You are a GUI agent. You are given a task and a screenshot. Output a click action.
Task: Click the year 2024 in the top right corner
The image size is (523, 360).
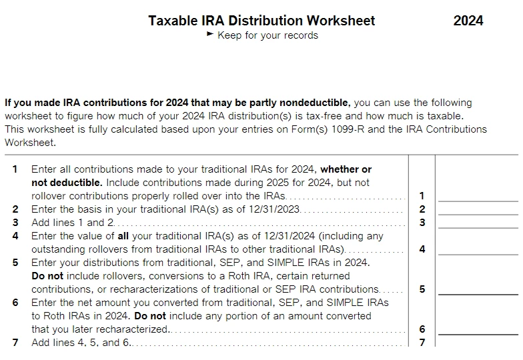[468, 21]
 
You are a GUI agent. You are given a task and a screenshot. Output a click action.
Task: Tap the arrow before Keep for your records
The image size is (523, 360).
[211, 35]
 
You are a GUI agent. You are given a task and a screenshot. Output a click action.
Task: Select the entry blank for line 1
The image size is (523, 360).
[478, 195]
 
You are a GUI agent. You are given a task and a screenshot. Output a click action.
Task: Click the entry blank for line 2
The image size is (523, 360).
[478, 209]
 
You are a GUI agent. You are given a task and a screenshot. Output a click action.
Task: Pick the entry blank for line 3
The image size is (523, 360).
[478, 222]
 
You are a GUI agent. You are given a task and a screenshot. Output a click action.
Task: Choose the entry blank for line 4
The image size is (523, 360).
[478, 249]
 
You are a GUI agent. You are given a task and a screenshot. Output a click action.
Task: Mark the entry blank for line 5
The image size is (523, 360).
[478, 289]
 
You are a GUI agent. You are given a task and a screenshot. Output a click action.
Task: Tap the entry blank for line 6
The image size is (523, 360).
[478, 329]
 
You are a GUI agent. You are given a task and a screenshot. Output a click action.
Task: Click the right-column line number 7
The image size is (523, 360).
[422, 343]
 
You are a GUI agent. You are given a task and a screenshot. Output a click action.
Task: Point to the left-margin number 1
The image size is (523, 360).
[15, 169]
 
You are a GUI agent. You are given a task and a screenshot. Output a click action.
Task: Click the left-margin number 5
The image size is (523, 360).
[15, 263]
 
